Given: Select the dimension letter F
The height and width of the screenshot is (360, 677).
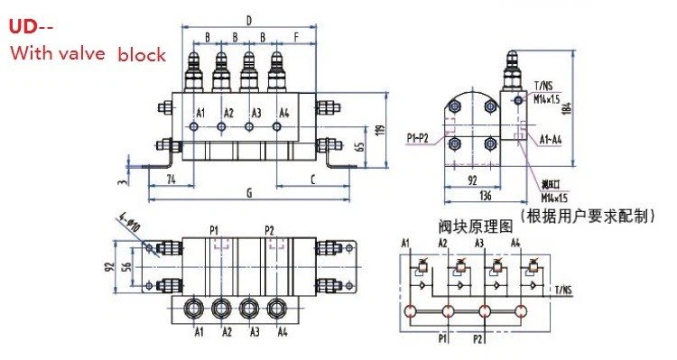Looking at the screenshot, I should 296,38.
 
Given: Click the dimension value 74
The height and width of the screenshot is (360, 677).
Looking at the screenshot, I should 170,179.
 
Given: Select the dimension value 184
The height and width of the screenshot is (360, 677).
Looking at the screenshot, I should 566,108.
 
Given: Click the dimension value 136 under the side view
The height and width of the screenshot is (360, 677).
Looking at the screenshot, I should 486,192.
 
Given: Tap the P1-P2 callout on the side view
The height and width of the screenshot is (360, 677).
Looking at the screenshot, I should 419,137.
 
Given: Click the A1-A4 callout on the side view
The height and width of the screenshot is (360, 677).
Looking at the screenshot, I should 552,141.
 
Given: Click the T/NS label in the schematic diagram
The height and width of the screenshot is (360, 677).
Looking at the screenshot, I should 562,290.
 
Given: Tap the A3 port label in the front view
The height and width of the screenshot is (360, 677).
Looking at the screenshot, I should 256,113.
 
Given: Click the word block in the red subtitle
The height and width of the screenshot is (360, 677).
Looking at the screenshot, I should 142,54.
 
